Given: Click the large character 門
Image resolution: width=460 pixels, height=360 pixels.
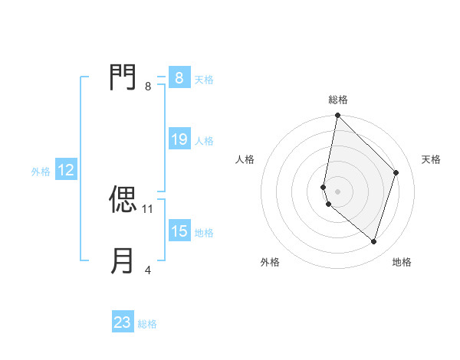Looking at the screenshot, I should [123, 78].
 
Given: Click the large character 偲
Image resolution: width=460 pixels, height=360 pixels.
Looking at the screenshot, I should [123, 200].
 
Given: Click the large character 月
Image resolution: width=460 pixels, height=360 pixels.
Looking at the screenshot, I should [123, 260].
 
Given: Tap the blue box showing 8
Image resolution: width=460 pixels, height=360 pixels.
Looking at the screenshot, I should [179, 78].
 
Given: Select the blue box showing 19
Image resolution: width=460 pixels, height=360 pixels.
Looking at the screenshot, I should [179, 139].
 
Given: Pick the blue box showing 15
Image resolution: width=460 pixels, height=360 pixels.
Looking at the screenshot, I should [179, 231].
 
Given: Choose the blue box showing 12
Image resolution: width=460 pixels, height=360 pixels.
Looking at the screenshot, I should [66, 170].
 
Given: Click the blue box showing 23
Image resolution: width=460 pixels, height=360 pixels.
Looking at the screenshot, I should [123, 322].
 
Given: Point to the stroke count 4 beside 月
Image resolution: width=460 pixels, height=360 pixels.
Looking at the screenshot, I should [148, 270].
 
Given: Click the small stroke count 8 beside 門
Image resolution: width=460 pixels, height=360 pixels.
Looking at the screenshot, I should [148, 87].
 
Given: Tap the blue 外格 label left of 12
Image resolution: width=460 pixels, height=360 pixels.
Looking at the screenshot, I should [41, 172].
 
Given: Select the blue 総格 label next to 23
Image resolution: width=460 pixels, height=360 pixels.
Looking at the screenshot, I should [147, 324].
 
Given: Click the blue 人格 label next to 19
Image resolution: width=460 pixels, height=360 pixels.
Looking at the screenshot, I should [204, 141].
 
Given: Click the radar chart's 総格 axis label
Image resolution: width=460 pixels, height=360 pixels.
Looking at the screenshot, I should [338, 100].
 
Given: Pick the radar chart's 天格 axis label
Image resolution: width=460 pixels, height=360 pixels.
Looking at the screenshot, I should [432, 159].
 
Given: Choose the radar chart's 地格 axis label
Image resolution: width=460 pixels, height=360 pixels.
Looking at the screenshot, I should [402, 262].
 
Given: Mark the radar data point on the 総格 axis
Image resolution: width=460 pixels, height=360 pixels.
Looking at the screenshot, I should [337, 116].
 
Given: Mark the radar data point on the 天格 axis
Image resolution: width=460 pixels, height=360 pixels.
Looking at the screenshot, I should [396, 172].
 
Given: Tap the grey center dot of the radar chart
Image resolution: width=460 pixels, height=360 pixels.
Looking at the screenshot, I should [337, 191].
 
